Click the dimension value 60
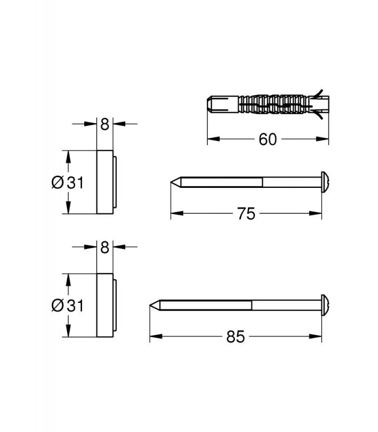pos(267,139)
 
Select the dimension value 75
pos(246,213)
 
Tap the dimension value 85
pos(235,336)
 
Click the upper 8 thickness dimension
pos(105,124)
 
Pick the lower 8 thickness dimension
pos(105,247)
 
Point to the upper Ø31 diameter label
pos(67,183)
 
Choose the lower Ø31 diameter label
pos(67,306)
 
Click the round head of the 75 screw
pos(325,182)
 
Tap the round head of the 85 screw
pos(325,305)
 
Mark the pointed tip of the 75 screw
pos(171,182)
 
